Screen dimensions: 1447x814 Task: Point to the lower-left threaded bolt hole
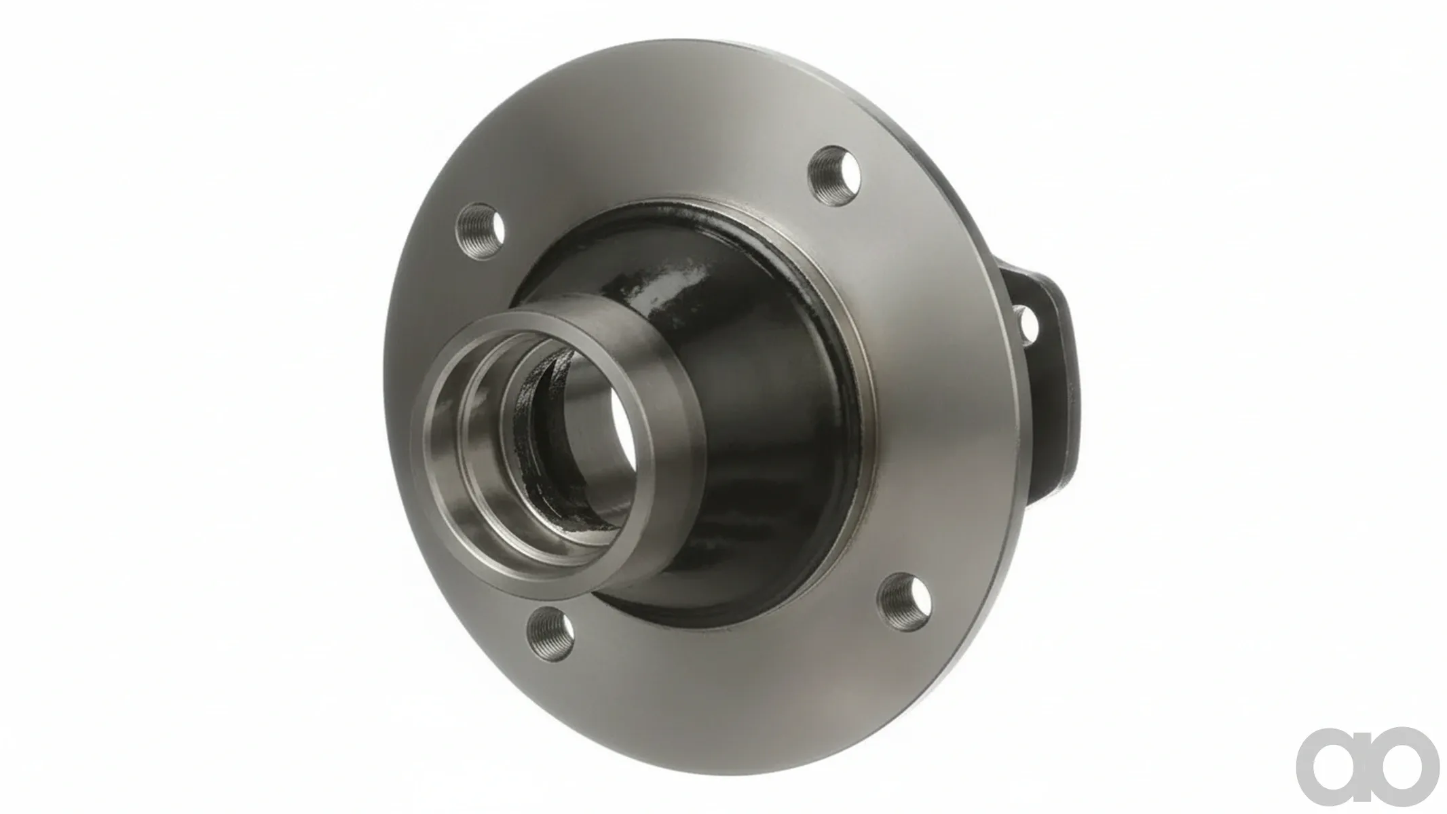551,633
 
